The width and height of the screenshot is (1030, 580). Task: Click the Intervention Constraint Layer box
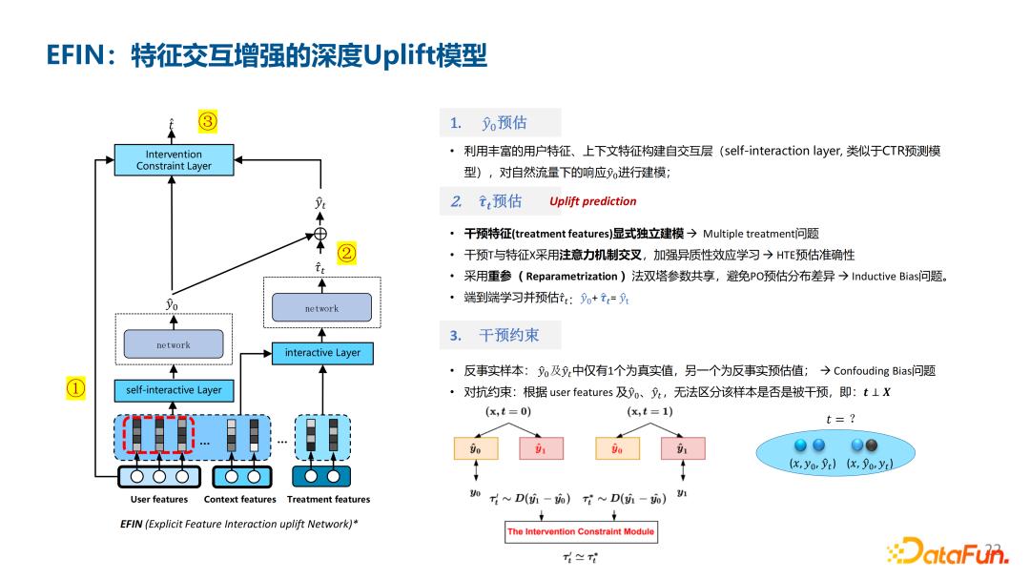(x=174, y=159)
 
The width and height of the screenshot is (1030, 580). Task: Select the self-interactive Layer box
(x=174, y=390)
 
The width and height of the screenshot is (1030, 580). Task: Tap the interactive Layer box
(x=322, y=353)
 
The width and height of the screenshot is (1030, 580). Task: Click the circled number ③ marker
(x=208, y=121)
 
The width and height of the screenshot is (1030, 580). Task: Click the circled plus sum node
(x=320, y=234)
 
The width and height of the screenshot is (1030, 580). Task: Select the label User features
(x=159, y=499)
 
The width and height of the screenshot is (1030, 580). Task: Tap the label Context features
(x=239, y=499)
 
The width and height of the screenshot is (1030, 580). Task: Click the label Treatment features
(x=328, y=499)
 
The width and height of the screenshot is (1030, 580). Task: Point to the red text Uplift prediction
(x=592, y=201)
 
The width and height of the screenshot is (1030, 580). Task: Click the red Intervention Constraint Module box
(x=581, y=531)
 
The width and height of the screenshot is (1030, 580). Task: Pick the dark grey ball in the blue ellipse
(x=871, y=445)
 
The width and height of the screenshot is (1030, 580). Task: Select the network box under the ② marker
(x=321, y=308)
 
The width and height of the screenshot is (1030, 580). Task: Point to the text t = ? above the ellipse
(x=840, y=419)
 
